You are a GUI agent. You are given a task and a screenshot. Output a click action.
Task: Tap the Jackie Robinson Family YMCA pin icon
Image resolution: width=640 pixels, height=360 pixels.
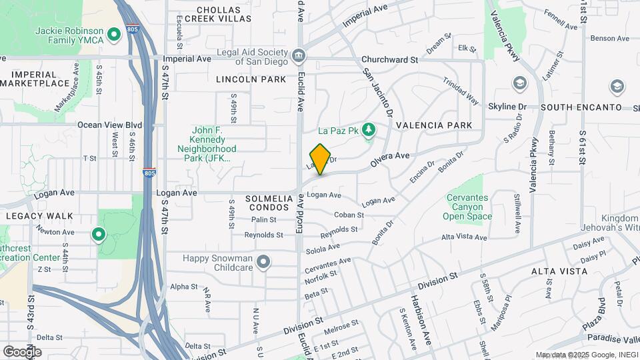[114, 33]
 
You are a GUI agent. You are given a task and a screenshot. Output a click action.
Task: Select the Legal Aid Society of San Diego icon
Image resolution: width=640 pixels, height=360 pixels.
[298, 54]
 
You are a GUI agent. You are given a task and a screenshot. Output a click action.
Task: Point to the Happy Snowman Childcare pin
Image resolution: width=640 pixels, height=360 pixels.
[263, 262]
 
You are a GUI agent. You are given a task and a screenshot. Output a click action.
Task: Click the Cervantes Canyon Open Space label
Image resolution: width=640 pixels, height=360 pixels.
[467, 207]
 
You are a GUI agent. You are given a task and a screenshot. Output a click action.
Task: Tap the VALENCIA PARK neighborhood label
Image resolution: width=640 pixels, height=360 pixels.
[433, 125]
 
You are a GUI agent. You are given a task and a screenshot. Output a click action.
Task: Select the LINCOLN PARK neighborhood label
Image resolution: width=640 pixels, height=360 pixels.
[251, 79]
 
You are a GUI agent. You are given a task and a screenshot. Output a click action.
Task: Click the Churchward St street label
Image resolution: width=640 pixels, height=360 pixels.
[389, 59]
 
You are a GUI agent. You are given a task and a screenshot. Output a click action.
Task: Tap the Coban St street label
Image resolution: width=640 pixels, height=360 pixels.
[349, 215]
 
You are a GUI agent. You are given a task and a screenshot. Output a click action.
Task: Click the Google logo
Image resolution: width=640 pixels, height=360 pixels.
[21, 351]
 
